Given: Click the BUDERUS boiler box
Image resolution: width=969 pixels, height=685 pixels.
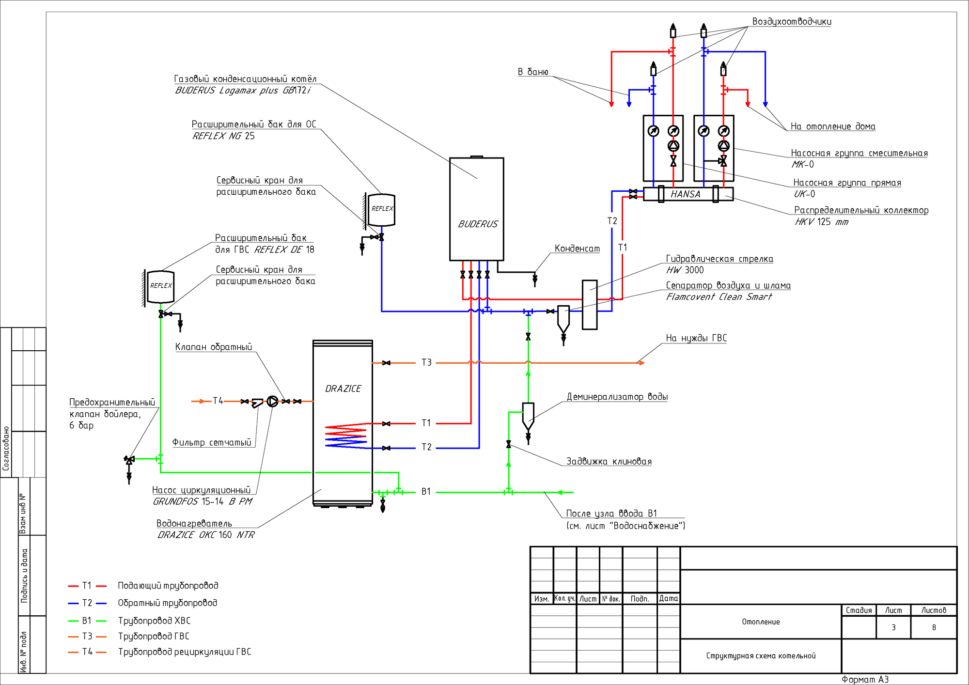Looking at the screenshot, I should [x=476, y=208].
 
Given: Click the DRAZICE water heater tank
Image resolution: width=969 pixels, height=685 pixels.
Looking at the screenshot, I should [x=343, y=421].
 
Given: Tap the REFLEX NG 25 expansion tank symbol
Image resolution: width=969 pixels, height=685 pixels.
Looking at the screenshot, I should [x=382, y=210].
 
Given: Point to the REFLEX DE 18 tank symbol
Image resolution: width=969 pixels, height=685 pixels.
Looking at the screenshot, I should [x=160, y=287].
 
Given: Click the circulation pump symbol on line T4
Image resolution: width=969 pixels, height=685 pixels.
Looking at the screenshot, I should [x=273, y=401].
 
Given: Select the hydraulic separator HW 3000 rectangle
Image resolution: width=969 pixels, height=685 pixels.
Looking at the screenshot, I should [x=589, y=304].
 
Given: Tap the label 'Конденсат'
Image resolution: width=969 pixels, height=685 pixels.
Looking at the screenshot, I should [x=577, y=249].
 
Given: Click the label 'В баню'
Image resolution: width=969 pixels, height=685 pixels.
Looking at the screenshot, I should [x=533, y=72].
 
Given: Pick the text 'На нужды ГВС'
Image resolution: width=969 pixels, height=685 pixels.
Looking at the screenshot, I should [x=696, y=338].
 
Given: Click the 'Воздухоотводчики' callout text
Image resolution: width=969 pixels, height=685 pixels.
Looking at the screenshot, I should [x=792, y=22].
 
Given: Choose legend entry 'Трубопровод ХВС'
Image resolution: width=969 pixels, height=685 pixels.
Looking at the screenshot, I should [x=154, y=621].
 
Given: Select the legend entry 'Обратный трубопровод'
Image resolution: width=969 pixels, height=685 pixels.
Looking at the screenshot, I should [x=167, y=603].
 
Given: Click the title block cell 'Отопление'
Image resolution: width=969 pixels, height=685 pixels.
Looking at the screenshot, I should [x=761, y=622].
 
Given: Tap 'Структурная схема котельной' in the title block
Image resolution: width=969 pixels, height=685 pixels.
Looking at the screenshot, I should [x=761, y=656].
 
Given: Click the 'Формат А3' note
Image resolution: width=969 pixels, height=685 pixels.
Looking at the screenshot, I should [x=865, y=680].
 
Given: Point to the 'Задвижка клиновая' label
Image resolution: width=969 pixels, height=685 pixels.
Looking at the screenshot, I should [x=609, y=462].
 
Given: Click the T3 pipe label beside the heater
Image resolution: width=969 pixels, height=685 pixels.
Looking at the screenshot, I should [x=426, y=362].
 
